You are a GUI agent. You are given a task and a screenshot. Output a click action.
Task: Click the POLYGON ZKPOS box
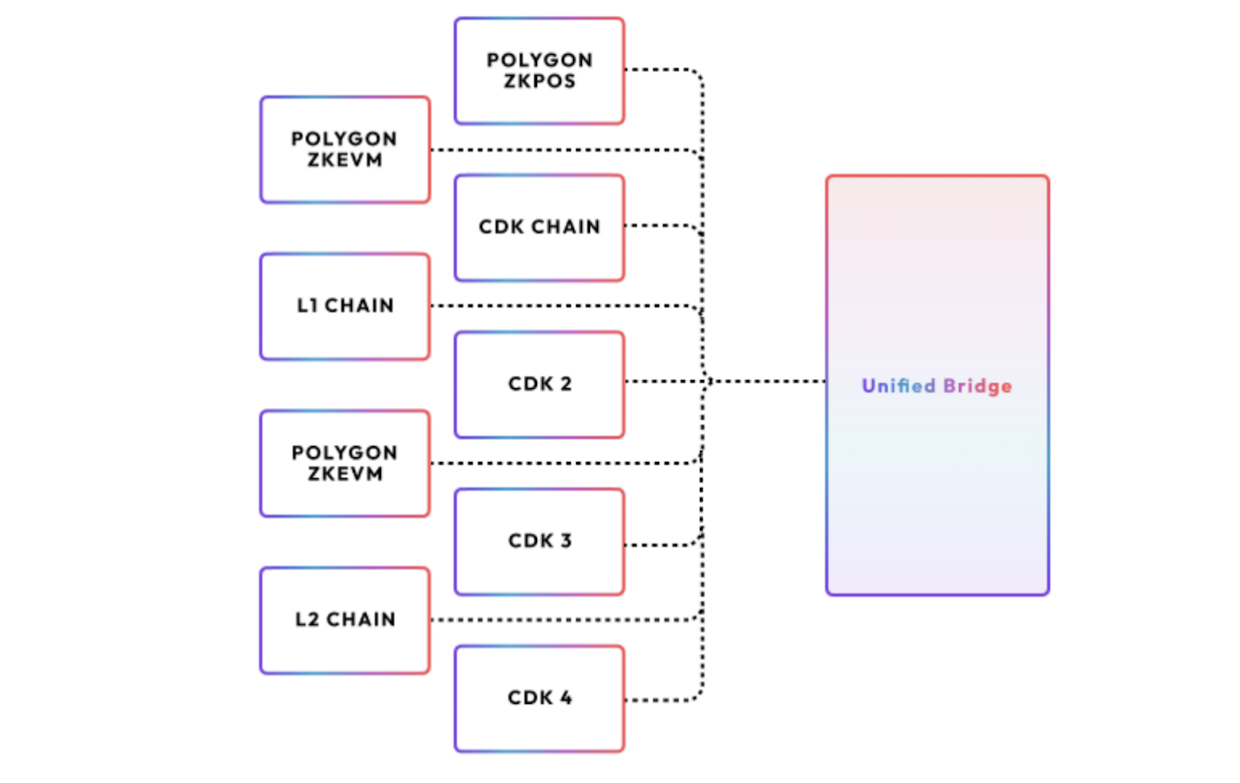(x=539, y=71)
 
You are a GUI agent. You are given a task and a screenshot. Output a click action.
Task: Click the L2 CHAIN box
(x=345, y=620)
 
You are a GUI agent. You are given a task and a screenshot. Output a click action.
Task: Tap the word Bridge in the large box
(x=977, y=387)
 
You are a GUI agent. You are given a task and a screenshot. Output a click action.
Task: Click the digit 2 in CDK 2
(x=566, y=384)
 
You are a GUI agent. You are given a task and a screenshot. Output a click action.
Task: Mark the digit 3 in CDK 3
(x=566, y=541)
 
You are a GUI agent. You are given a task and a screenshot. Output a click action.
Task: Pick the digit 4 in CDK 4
(x=566, y=698)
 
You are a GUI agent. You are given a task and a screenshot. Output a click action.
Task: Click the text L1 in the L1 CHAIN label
(x=307, y=306)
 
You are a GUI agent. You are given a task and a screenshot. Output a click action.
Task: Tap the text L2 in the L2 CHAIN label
(x=307, y=619)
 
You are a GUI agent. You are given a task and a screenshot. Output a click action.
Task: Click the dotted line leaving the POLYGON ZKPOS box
(x=662, y=69)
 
